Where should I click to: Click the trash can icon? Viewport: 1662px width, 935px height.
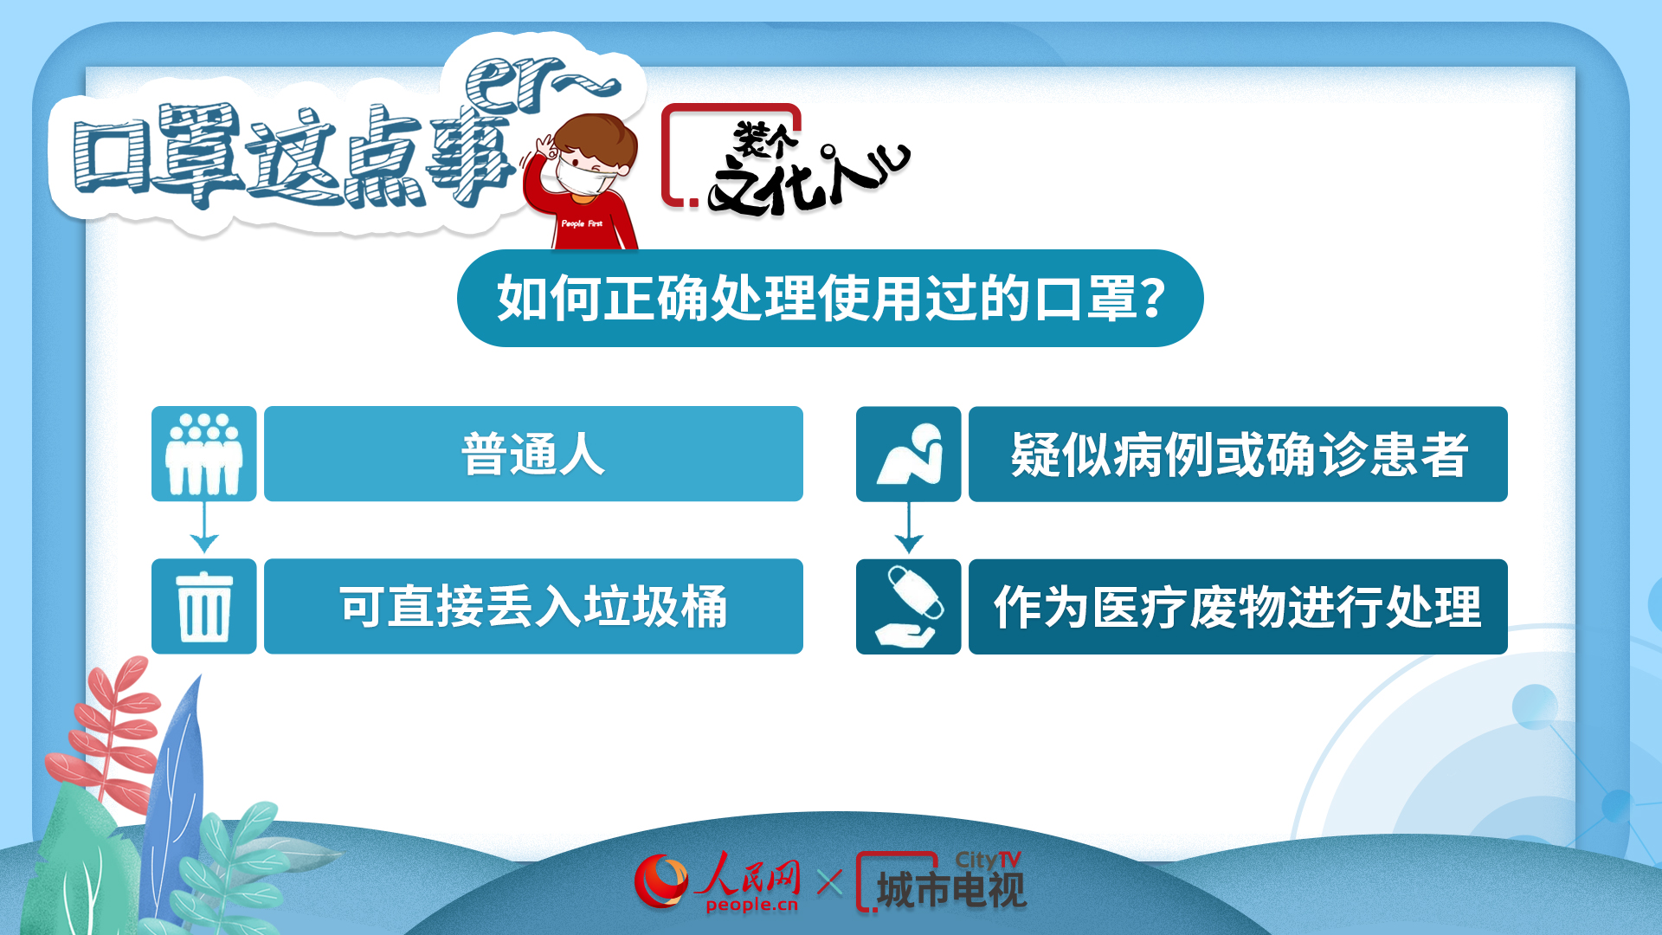pos(204,606)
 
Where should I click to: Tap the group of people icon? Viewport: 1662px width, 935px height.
pos(204,454)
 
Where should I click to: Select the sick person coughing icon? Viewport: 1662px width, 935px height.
pos(908,454)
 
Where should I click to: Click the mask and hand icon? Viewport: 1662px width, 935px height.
pos(908,606)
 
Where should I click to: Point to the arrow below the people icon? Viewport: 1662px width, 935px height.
pos(204,527)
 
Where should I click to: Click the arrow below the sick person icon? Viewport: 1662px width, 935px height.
pos(908,527)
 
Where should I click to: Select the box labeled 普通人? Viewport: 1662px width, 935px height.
pos(533,454)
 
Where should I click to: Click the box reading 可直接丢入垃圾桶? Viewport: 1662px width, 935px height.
pos(533,606)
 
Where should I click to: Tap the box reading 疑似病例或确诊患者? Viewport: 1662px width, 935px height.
pos(1238,454)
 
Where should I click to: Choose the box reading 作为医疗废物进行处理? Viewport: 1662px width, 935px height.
pos(1238,606)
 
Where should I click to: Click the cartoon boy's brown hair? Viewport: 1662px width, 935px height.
pos(597,139)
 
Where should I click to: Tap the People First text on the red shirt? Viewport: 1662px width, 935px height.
pos(582,223)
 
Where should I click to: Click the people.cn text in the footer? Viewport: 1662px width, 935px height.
pos(751,906)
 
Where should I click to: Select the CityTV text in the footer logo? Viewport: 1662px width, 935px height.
pos(988,860)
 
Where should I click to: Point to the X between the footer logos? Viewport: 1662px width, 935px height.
pos(829,883)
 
